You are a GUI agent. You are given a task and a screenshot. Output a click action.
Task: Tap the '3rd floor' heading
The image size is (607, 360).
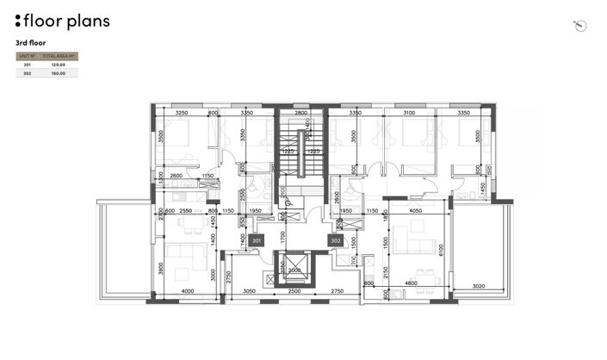tap(31, 42)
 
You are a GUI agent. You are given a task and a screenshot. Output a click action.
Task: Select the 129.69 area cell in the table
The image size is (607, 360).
tap(59, 65)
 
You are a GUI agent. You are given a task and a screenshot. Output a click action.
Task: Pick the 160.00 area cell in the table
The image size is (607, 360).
tap(59, 74)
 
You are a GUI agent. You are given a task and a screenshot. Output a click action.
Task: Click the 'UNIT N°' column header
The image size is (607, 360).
tap(27, 56)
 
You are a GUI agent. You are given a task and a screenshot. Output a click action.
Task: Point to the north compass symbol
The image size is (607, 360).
tap(579, 25)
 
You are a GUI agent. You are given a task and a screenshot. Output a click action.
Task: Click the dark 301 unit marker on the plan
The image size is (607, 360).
tap(256, 241)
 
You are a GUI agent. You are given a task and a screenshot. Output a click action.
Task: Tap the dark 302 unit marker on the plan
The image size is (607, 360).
tap(336, 241)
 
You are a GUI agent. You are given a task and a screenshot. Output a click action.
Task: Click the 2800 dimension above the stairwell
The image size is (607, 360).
tap(300, 113)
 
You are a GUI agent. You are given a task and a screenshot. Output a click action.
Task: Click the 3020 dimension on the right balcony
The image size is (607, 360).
tap(480, 287)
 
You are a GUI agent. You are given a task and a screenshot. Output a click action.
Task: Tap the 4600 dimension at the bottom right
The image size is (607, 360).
tap(412, 283)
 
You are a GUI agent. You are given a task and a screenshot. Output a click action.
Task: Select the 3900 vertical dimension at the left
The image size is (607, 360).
tap(161, 269)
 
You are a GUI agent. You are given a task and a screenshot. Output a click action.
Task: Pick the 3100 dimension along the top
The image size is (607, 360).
tap(409, 113)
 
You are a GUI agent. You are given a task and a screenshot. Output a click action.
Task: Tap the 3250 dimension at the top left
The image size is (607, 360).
tap(182, 113)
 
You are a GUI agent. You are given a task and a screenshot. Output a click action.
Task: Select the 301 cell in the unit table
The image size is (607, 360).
tap(27, 65)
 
